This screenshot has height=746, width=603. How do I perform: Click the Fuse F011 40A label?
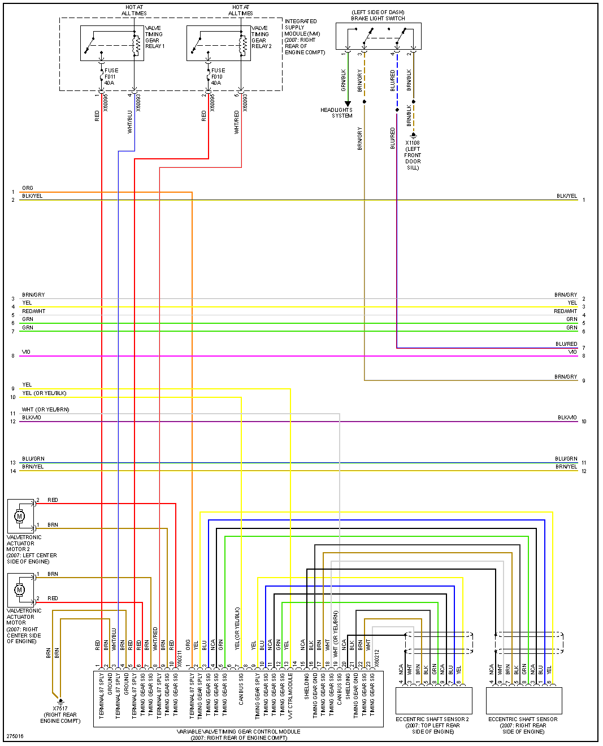[110, 77]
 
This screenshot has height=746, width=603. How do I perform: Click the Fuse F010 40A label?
[217, 77]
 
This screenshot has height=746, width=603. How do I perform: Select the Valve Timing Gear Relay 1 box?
[112, 43]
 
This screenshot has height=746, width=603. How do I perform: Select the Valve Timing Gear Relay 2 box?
[219, 43]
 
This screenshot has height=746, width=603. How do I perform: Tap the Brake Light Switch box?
[378, 36]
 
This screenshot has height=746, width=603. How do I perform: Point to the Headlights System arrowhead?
[348, 104]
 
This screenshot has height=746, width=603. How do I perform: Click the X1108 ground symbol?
[413, 135]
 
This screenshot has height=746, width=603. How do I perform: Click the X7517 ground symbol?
[60, 701]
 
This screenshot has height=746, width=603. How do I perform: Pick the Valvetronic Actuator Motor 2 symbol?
[20, 515]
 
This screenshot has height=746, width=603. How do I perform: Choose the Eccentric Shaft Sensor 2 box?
[433, 701]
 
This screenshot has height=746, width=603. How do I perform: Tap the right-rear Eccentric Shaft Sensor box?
[524, 701]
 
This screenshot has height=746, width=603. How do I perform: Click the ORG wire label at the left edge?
[28, 188]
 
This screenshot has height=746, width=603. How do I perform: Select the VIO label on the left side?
[26, 352]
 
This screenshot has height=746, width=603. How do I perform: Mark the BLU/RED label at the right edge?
[566, 344]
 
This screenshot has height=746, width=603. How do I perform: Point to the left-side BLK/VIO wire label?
[32, 418]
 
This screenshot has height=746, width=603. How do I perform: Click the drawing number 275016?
[15, 736]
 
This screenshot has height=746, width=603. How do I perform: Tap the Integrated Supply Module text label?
[305, 37]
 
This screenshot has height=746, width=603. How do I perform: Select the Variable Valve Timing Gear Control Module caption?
[238, 735]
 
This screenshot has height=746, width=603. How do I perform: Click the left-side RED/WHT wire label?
[34, 311]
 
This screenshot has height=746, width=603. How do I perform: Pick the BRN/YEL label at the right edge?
[566, 467]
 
